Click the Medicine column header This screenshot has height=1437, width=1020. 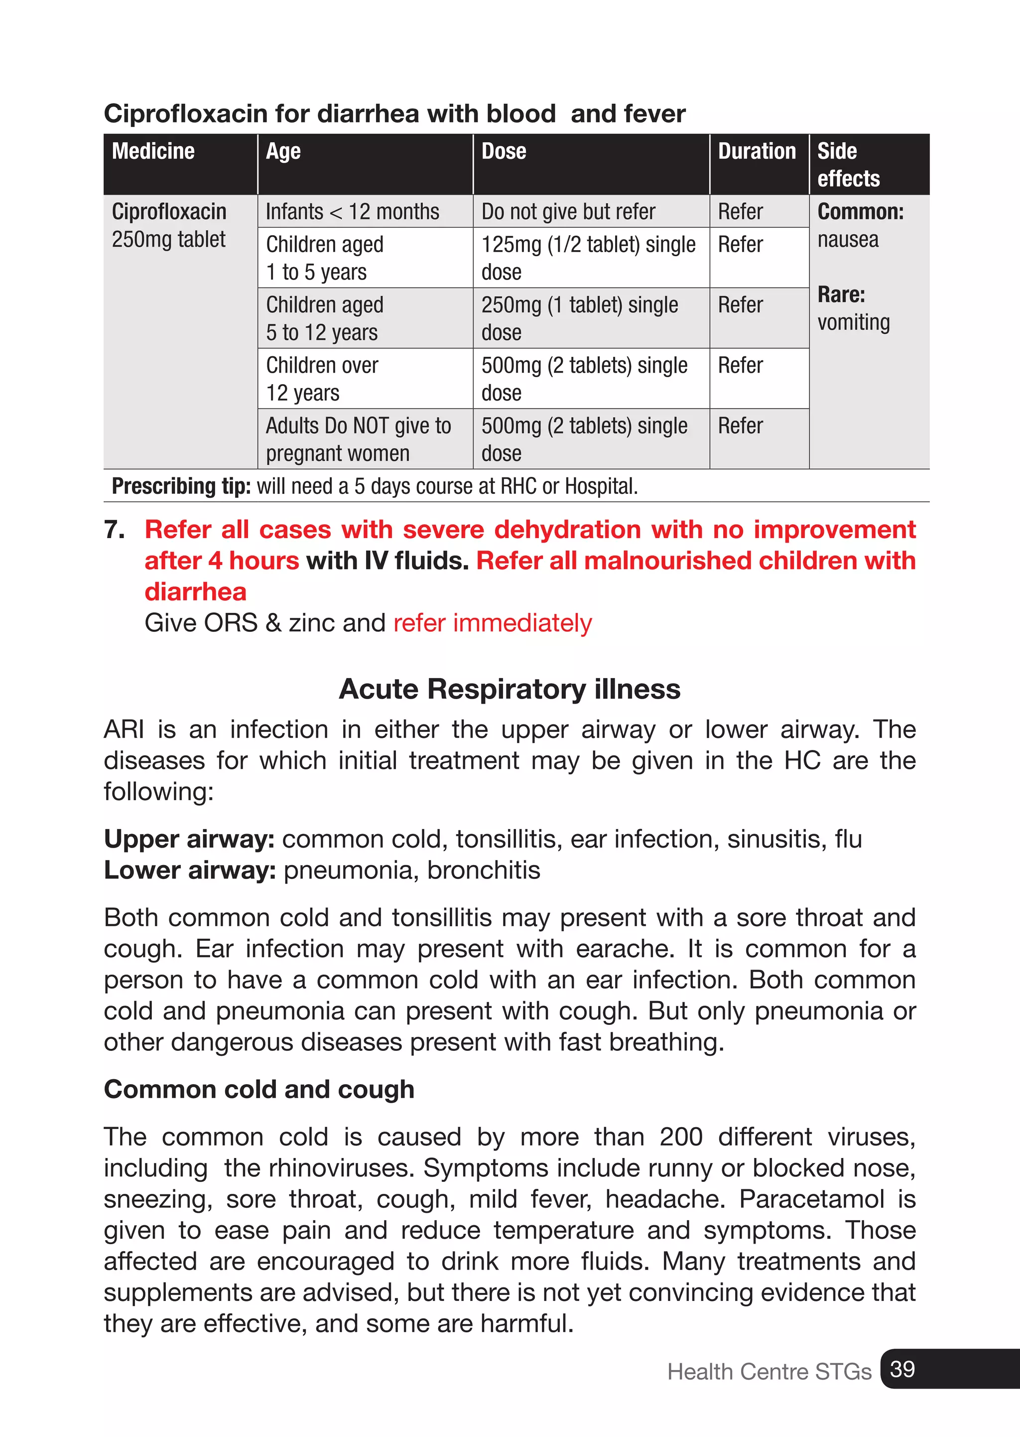153,151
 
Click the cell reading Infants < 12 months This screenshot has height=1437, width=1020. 352,212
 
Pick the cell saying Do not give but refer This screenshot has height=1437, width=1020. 568,212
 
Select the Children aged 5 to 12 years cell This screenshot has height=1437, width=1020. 324,318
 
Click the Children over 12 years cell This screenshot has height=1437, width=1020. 322,378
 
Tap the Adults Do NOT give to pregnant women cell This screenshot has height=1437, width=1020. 358,438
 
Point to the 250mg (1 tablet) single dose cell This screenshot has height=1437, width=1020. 579,318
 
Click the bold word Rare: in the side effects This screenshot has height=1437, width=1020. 841,294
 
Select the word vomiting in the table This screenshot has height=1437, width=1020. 853,322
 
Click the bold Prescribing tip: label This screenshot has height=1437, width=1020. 181,486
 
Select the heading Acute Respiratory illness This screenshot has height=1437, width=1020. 510,689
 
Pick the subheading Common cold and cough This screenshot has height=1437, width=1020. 259,1089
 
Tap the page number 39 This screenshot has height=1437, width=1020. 902,1369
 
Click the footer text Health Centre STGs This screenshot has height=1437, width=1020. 769,1371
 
